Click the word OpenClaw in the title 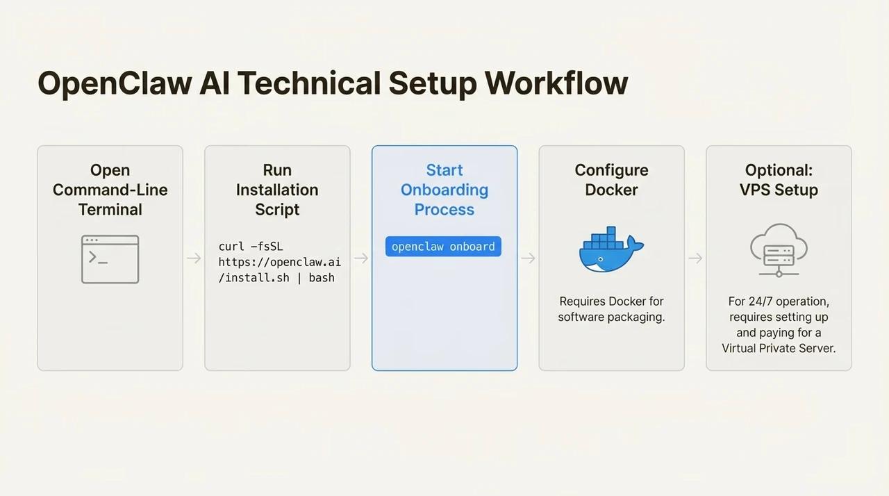pyautogui.click(x=114, y=83)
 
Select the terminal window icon pyautogui.click(x=110, y=259)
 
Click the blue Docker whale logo pyautogui.click(x=610, y=249)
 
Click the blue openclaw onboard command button pyautogui.click(x=443, y=247)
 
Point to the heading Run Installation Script pyautogui.click(x=277, y=190)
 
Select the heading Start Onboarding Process pyautogui.click(x=444, y=190)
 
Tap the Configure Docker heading pyautogui.click(x=611, y=180)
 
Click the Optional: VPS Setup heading pyautogui.click(x=779, y=180)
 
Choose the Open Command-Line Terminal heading pyautogui.click(x=110, y=190)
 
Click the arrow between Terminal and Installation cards pyautogui.click(x=194, y=258)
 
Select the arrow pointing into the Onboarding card pyautogui.click(x=361, y=258)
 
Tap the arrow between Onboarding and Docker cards pyautogui.click(x=528, y=258)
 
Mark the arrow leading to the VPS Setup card pyautogui.click(x=695, y=258)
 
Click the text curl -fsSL pyautogui.click(x=251, y=247)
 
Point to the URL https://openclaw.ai pyautogui.click(x=279, y=262)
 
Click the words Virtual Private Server pyautogui.click(x=779, y=348)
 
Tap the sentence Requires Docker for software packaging pyautogui.click(x=611, y=309)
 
